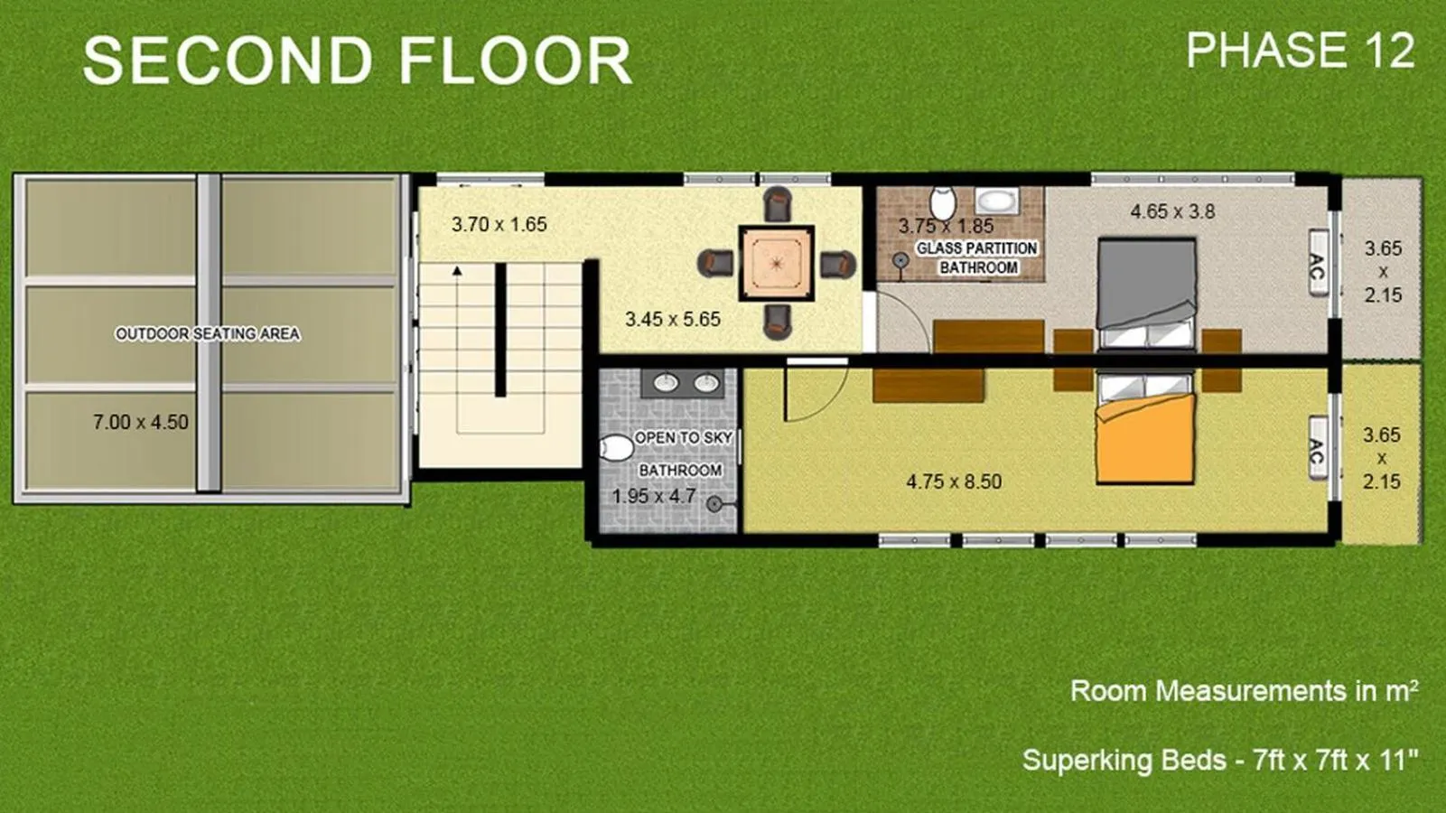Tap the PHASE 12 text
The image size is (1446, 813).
1300,51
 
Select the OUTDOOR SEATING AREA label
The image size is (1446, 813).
207,334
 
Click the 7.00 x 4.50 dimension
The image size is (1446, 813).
141,423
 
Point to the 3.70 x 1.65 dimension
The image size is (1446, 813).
499,225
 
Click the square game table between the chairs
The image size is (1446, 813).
777,263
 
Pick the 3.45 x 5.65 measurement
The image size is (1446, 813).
673,319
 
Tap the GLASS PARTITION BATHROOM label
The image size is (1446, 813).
977,257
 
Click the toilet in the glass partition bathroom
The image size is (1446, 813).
943,202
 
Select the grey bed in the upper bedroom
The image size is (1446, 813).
1146,294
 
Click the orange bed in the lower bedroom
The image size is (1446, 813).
1145,427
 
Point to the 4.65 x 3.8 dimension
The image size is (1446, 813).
1172,211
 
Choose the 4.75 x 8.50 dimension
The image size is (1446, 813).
954,481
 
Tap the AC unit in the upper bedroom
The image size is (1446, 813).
1318,264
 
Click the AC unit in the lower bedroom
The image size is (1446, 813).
1318,448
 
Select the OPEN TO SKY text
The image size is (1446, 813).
684,438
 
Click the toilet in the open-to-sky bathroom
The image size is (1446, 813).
617,447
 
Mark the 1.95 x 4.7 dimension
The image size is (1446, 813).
653,497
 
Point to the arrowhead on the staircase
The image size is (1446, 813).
457,271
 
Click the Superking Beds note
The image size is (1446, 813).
1220,760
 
